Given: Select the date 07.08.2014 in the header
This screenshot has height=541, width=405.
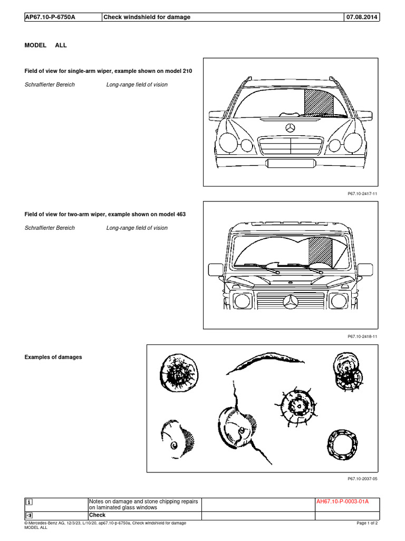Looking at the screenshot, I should tap(361, 17).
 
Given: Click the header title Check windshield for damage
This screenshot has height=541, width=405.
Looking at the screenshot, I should tap(147, 17).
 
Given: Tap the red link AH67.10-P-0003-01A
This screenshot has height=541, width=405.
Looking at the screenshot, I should tap(342, 502).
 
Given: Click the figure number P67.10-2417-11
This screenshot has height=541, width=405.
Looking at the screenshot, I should tap(363, 194).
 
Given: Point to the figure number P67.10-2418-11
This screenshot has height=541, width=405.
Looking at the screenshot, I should tap(363, 337).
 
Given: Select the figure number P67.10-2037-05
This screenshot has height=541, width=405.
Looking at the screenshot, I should tap(363, 479).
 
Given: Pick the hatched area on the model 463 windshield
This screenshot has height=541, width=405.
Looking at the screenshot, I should tap(320, 251).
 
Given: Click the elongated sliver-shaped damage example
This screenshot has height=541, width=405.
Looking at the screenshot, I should tap(266, 363).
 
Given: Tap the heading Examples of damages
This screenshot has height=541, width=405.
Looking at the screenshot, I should tap(53, 357).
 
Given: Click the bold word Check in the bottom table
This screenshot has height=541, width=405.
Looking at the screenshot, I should tap(97, 515).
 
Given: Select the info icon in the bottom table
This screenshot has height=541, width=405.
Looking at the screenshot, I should tap(30, 502).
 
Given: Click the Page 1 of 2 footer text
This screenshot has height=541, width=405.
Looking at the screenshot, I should tap(367, 523).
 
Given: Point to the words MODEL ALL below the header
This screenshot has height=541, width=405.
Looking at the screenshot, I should tap(46, 45).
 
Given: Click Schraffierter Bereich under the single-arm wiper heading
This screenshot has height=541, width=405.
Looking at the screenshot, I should tap(50, 85).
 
